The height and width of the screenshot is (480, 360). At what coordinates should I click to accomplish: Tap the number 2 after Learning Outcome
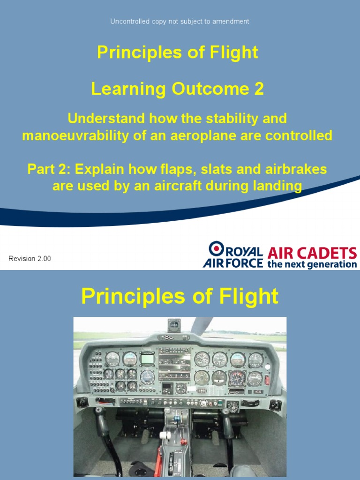(259, 89)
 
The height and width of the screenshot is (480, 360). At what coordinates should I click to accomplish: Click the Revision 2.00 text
(30, 259)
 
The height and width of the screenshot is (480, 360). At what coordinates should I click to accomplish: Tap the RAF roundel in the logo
(217, 248)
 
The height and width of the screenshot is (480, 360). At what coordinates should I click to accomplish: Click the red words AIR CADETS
(312, 254)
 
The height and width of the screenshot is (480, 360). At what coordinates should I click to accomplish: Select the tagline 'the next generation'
(312, 264)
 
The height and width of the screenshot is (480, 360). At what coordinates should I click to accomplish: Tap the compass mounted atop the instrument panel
(174, 325)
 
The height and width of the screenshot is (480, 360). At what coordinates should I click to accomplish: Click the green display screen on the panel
(147, 359)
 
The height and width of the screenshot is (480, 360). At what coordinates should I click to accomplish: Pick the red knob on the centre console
(184, 441)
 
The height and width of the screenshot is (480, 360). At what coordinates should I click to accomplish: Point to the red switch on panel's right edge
(267, 380)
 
